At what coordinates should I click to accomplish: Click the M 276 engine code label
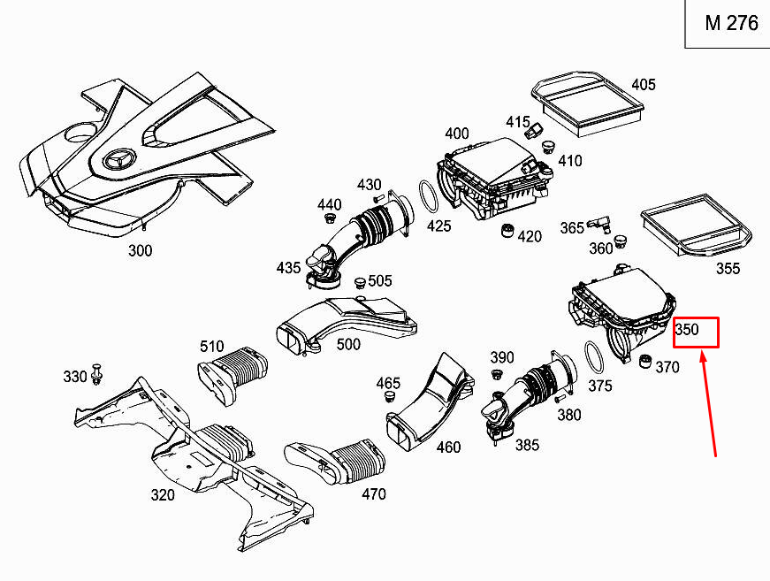pyautogui.click(x=731, y=23)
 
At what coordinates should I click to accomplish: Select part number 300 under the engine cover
pyautogui.click(x=140, y=250)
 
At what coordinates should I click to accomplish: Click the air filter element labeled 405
pyautogui.click(x=587, y=103)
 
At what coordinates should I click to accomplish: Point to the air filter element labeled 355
pyautogui.click(x=697, y=225)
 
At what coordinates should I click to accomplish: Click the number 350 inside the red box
pyautogui.click(x=687, y=329)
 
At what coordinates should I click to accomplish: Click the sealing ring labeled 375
pyautogui.click(x=594, y=358)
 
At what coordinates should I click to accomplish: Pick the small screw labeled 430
pyautogui.click(x=377, y=198)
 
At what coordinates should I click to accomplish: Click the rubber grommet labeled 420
pyautogui.click(x=507, y=230)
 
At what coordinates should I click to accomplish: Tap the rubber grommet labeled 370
pyautogui.click(x=645, y=361)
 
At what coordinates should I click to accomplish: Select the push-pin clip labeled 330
pyautogui.click(x=96, y=374)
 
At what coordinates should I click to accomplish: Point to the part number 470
pyautogui.click(x=374, y=493)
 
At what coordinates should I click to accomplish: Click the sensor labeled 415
pyautogui.click(x=534, y=131)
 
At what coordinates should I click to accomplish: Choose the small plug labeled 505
pyautogui.click(x=360, y=283)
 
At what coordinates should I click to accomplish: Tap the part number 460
pyautogui.click(x=448, y=447)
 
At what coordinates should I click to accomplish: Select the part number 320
pyautogui.click(x=163, y=494)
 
